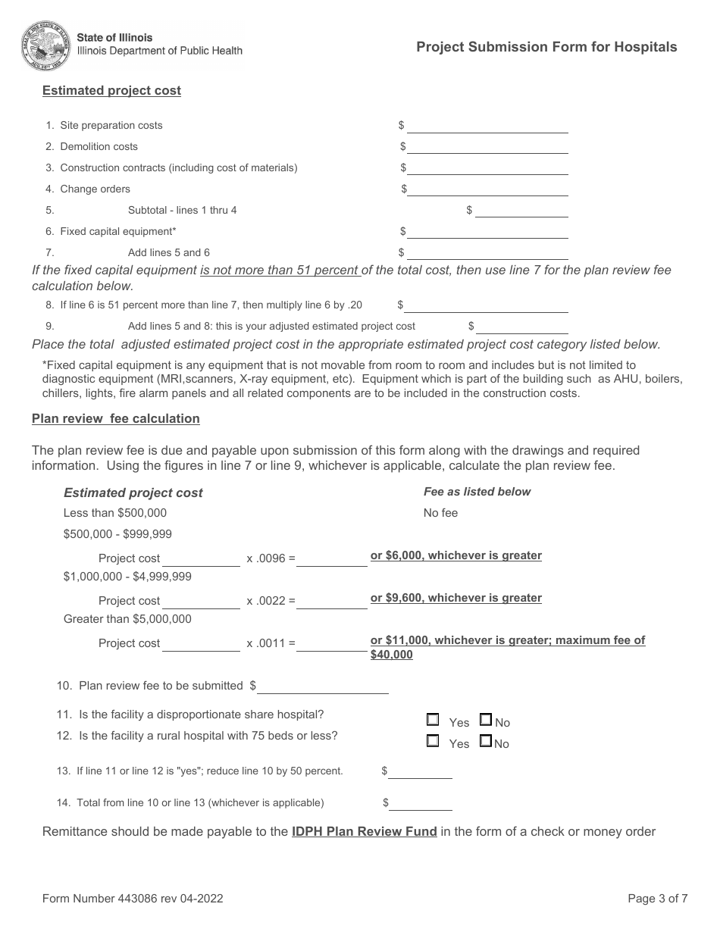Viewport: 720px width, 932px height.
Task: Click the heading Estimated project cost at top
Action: pos(111,91)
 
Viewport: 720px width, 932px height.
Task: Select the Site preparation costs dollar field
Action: pos(487,126)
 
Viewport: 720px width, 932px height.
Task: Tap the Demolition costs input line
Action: pos(487,147)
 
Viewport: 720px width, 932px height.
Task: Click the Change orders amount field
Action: pos(487,189)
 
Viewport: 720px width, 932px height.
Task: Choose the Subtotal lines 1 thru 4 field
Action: pos(521,211)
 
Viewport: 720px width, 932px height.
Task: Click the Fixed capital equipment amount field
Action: pos(487,232)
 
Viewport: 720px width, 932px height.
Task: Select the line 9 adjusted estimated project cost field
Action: pos(522,327)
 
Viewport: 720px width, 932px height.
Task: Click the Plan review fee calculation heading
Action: pos(115,418)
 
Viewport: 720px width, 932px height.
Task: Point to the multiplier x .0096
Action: pos(266,558)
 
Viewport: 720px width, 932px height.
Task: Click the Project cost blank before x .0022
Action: pos(201,602)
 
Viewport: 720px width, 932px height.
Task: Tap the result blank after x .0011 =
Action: pos(332,644)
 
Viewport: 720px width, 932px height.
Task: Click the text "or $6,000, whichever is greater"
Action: pos(455,555)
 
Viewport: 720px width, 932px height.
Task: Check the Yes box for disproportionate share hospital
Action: pos(433,720)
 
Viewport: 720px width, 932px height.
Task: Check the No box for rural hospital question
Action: pos(486,741)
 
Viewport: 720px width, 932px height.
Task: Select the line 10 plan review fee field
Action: pos(323,686)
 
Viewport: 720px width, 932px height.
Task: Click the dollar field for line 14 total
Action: pos(421,803)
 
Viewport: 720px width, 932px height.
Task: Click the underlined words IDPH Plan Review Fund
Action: pos(364,831)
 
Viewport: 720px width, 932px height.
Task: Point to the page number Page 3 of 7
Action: pos(657,899)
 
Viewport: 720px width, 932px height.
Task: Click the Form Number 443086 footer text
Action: pos(133,899)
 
